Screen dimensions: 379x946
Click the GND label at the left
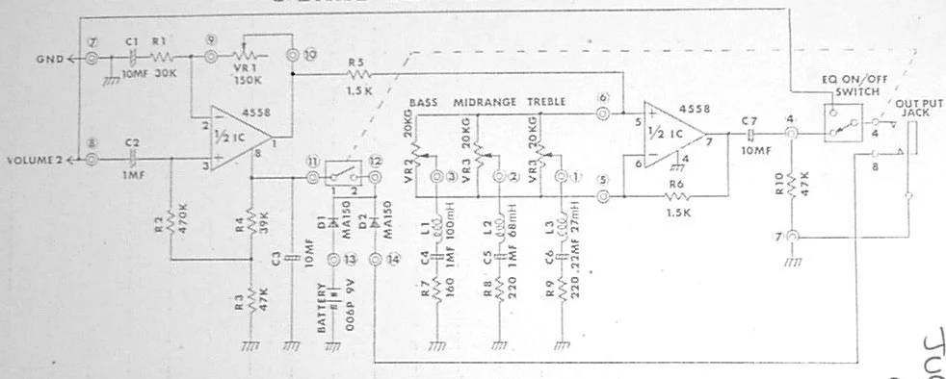(x=49, y=59)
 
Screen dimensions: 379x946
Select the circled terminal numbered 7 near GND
(x=92, y=59)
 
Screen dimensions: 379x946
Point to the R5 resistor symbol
(x=358, y=73)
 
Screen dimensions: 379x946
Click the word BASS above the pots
(x=423, y=101)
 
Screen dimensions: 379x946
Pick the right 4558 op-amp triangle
(x=670, y=134)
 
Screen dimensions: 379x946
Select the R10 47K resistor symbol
(x=790, y=184)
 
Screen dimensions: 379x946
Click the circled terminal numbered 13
(x=335, y=259)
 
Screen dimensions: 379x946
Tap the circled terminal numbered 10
(x=295, y=54)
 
